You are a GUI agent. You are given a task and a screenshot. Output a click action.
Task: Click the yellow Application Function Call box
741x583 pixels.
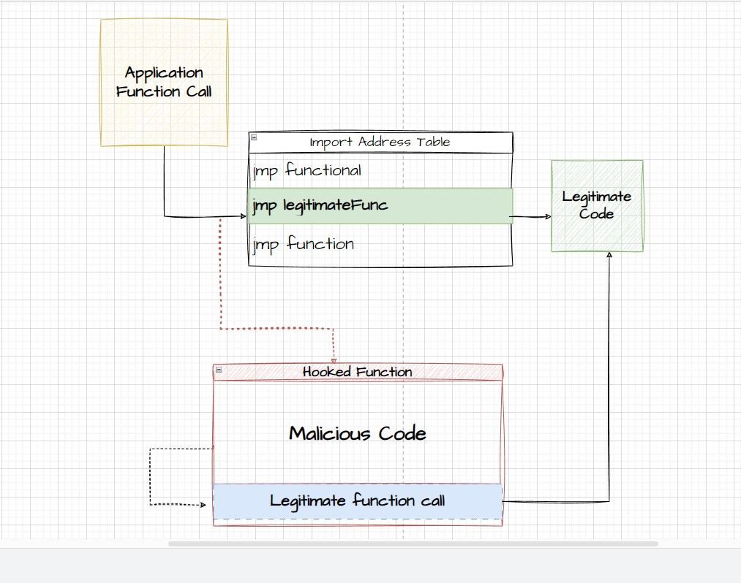tap(164, 83)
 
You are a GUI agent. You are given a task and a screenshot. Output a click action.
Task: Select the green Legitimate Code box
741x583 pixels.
tap(597, 206)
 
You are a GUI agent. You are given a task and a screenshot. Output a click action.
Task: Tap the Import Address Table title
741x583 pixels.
tap(380, 142)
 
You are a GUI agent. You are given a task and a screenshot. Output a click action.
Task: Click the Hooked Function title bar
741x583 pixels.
tap(358, 372)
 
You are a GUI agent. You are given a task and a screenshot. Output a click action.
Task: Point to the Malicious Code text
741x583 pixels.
tap(357, 433)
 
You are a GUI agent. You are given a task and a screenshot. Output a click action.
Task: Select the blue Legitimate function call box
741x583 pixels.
tap(357, 501)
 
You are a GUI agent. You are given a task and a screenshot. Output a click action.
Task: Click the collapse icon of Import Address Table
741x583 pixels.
tap(254, 137)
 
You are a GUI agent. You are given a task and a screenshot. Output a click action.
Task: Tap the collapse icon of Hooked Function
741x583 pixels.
tap(218, 371)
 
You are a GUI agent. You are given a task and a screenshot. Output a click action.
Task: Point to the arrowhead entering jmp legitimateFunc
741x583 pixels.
tap(243, 216)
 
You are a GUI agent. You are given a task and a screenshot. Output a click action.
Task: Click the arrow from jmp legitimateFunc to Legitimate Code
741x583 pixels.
tap(531, 217)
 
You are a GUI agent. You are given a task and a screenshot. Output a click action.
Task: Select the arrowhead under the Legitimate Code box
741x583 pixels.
tap(609, 255)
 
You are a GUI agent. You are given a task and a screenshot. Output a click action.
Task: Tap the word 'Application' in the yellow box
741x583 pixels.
tap(164, 73)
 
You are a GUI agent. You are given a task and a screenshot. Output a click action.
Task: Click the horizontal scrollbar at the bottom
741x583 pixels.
tap(413, 544)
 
